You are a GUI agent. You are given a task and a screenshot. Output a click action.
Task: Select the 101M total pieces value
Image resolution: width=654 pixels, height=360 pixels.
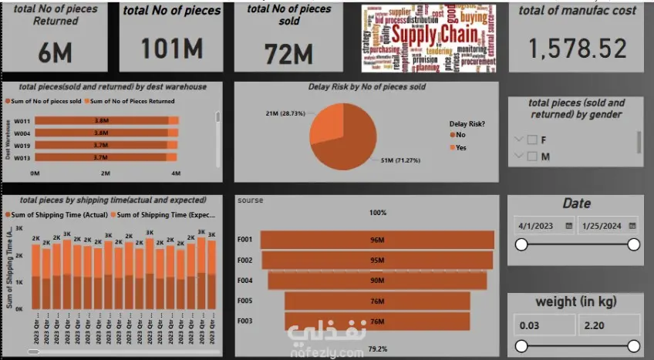[171, 49]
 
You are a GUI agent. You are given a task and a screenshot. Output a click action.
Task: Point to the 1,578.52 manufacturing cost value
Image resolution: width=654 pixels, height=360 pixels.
[577, 49]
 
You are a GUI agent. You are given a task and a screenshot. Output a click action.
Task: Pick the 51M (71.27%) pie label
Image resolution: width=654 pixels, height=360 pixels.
[400, 160]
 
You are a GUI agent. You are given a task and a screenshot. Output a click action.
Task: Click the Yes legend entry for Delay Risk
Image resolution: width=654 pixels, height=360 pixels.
[460, 147]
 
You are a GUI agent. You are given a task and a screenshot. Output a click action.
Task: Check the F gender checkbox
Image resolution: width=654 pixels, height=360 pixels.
[532, 140]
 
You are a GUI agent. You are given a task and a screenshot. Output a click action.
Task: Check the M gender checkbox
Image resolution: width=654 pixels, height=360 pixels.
[532, 156]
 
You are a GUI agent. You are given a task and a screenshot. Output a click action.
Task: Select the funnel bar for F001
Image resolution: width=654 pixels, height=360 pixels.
[376, 240]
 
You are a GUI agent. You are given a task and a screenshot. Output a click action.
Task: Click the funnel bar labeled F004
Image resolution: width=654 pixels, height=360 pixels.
[376, 280]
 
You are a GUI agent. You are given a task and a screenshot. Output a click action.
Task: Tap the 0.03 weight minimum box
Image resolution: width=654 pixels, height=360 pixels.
[543, 325]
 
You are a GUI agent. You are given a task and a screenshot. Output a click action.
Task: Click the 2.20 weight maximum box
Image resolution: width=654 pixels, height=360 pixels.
[608, 325]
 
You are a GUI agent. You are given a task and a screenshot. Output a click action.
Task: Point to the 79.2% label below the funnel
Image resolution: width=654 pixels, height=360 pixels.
[377, 348]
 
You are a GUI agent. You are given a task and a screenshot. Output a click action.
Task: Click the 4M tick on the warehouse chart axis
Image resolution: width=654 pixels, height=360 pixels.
[176, 173]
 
